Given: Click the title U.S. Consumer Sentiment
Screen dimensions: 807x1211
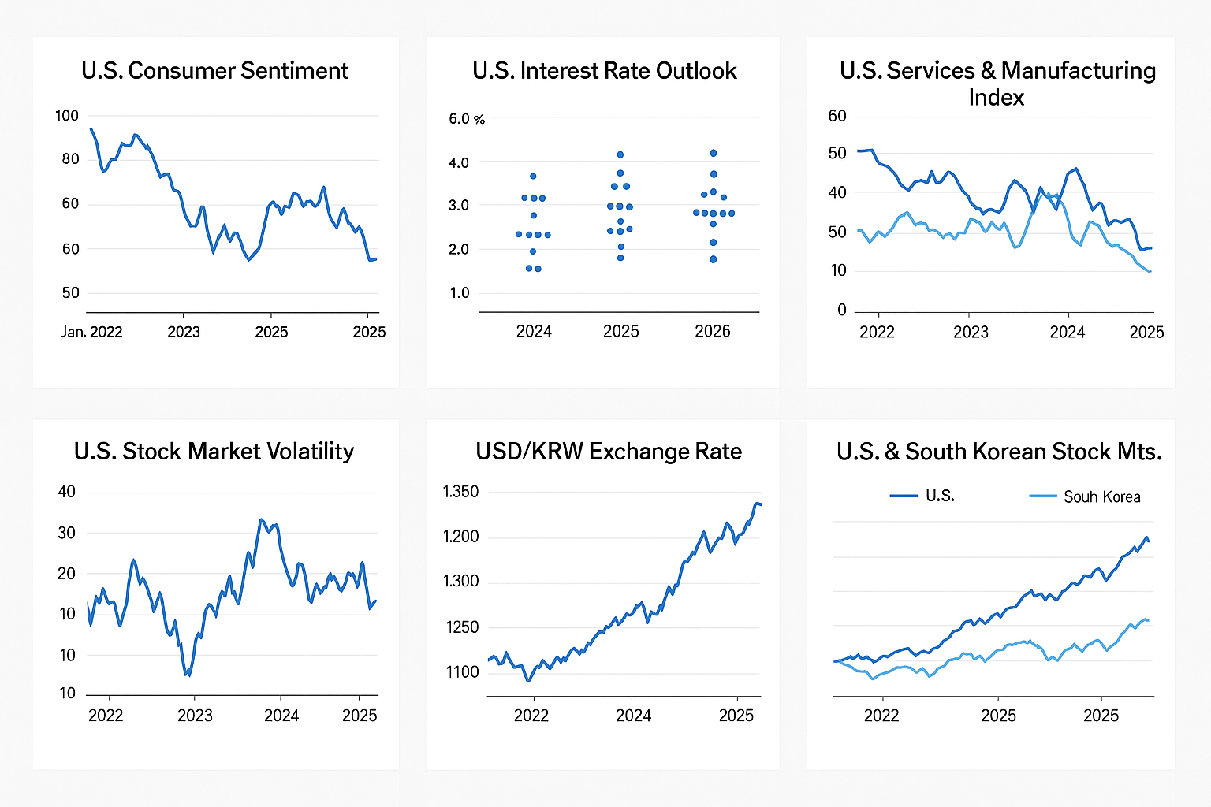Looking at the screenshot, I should tap(214, 71).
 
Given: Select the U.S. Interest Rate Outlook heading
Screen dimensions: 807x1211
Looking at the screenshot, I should tap(604, 71).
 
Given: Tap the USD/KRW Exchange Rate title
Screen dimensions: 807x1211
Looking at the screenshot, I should tap(609, 452).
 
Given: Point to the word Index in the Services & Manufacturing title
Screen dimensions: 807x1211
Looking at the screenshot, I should tap(997, 98).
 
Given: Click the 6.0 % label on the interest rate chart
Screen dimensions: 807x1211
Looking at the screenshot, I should tap(467, 119).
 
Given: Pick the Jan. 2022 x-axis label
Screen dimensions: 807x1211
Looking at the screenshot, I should tap(91, 332).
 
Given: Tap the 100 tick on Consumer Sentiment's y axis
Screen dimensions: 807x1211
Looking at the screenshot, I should tap(67, 116).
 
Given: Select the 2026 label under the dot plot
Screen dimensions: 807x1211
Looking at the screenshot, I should tap(713, 332).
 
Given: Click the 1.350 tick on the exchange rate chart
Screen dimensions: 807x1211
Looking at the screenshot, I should tap(460, 492).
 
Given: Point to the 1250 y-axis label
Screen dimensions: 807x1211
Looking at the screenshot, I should tap(461, 627).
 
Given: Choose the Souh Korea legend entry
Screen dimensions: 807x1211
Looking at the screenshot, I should tap(1101, 496).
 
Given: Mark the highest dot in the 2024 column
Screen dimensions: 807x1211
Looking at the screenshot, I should tap(533, 176).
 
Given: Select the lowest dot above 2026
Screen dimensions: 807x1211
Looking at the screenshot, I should tap(714, 259).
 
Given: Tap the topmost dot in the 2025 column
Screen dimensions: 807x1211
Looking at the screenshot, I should tap(620, 154).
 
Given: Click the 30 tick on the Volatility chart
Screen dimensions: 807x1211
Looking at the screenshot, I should tap(67, 533).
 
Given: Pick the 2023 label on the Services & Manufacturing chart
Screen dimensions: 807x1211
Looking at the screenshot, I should tap(971, 332).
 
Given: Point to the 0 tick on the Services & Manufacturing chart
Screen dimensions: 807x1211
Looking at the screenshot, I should tap(842, 311).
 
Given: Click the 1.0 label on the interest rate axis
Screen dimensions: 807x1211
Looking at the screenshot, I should tap(460, 293).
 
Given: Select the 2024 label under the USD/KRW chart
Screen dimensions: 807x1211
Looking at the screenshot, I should tap(634, 716).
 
